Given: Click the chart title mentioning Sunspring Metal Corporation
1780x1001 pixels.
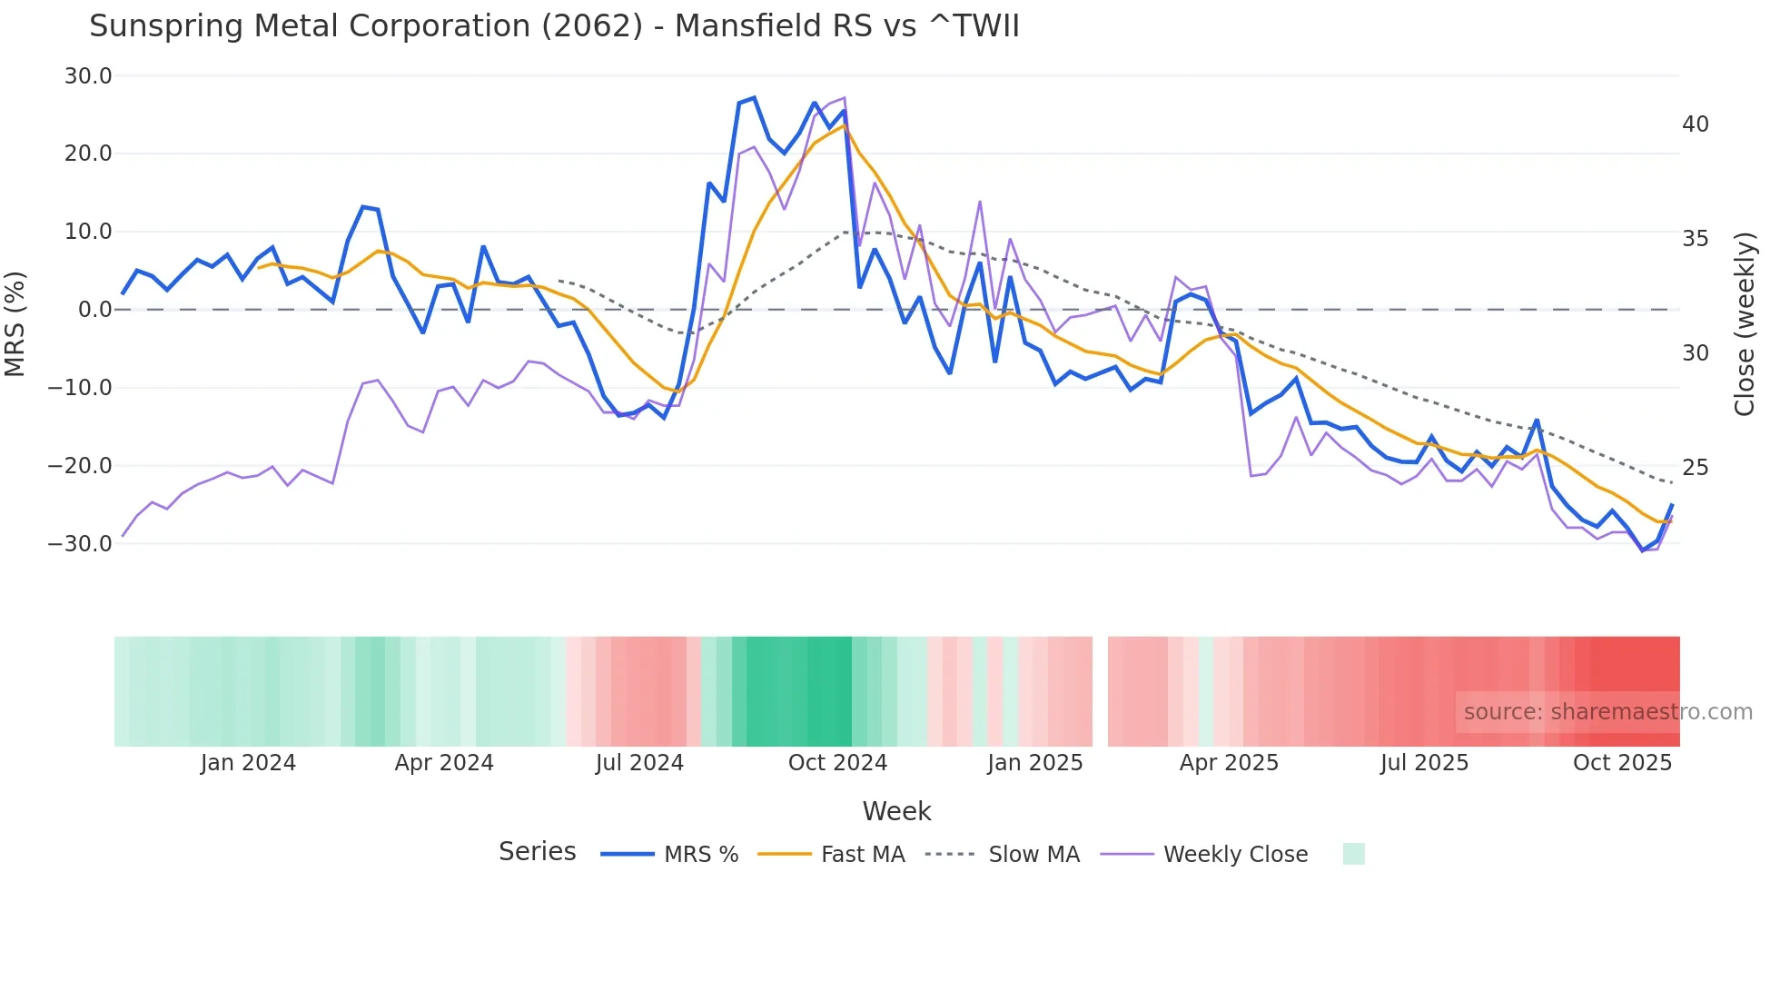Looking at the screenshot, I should pyautogui.click(x=554, y=26).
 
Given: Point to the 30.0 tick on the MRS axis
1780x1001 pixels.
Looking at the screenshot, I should pyautogui.click(x=88, y=76).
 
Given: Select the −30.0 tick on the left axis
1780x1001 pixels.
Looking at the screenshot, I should pyautogui.click(x=81, y=544).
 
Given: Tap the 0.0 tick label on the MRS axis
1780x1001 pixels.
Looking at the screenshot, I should pyautogui.click(x=95, y=310).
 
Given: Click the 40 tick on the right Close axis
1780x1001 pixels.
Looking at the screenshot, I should pyautogui.click(x=1695, y=124).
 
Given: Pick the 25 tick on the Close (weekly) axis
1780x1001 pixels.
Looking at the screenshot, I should pyautogui.click(x=1695, y=468).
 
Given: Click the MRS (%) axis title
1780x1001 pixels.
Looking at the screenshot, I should pyautogui.click(x=15, y=323).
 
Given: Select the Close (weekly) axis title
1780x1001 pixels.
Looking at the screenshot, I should pyautogui.click(x=1744, y=324).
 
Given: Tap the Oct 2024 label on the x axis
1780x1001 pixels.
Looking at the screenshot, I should pyautogui.click(x=837, y=763).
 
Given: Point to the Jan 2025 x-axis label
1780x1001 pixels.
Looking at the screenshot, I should pyautogui.click(x=1034, y=763).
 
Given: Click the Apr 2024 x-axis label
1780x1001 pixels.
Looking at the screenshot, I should pyautogui.click(x=444, y=763).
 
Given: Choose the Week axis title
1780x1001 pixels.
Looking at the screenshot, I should pyautogui.click(x=896, y=811).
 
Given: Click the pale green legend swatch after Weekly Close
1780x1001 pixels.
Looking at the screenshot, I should pyautogui.click(x=1353, y=854).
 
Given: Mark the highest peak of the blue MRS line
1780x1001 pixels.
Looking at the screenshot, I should pyautogui.click(x=754, y=98).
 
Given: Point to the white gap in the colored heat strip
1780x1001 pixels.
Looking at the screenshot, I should pyautogui.click(x=1100, y=691).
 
